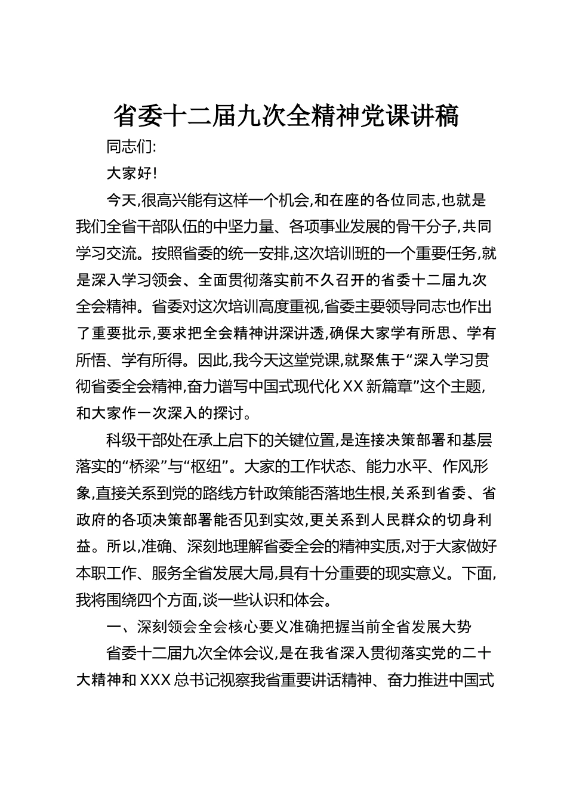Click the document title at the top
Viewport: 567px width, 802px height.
[x=286, y=116]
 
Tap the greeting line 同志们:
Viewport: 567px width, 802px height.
[x=131, y=147]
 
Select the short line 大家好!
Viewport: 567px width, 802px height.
[x=131, y=174]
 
